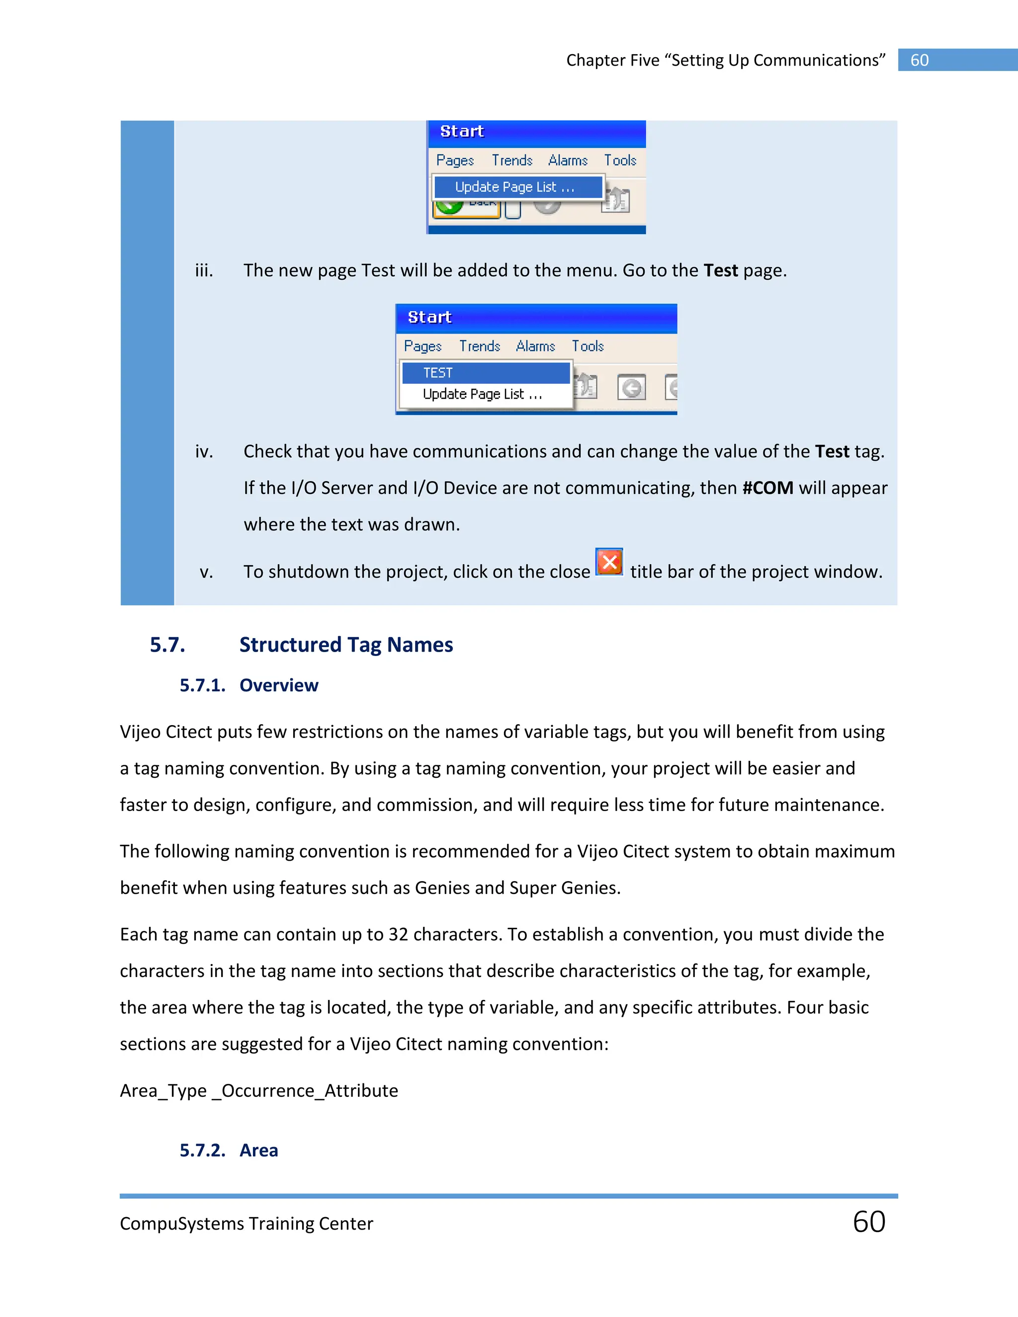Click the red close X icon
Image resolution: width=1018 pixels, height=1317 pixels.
click(609, 562)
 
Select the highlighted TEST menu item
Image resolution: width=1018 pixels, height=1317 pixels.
click(486, 373)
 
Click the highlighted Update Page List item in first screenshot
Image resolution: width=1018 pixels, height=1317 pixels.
click(518, 187)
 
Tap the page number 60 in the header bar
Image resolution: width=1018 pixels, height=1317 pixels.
click(919, 60)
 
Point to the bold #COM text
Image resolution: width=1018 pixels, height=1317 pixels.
click(767, 488)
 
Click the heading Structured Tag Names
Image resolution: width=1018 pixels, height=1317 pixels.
click(345, 645)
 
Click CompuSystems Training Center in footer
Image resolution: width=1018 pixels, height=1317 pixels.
click(246, 1224)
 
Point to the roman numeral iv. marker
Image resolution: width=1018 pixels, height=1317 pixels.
click(204, 452)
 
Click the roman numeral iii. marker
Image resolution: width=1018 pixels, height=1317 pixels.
click(204, 271)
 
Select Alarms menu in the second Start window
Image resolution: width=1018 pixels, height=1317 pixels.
click(535, 346)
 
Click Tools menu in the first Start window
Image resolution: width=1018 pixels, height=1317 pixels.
click(620, 161)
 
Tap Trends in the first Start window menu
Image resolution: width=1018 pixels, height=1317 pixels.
click(511, 161)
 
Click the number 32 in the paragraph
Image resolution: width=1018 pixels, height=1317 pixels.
click(398, 934)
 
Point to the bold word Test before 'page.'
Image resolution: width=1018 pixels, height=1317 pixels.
click(720, 271)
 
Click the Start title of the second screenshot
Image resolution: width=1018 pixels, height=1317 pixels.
click(429, 317)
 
